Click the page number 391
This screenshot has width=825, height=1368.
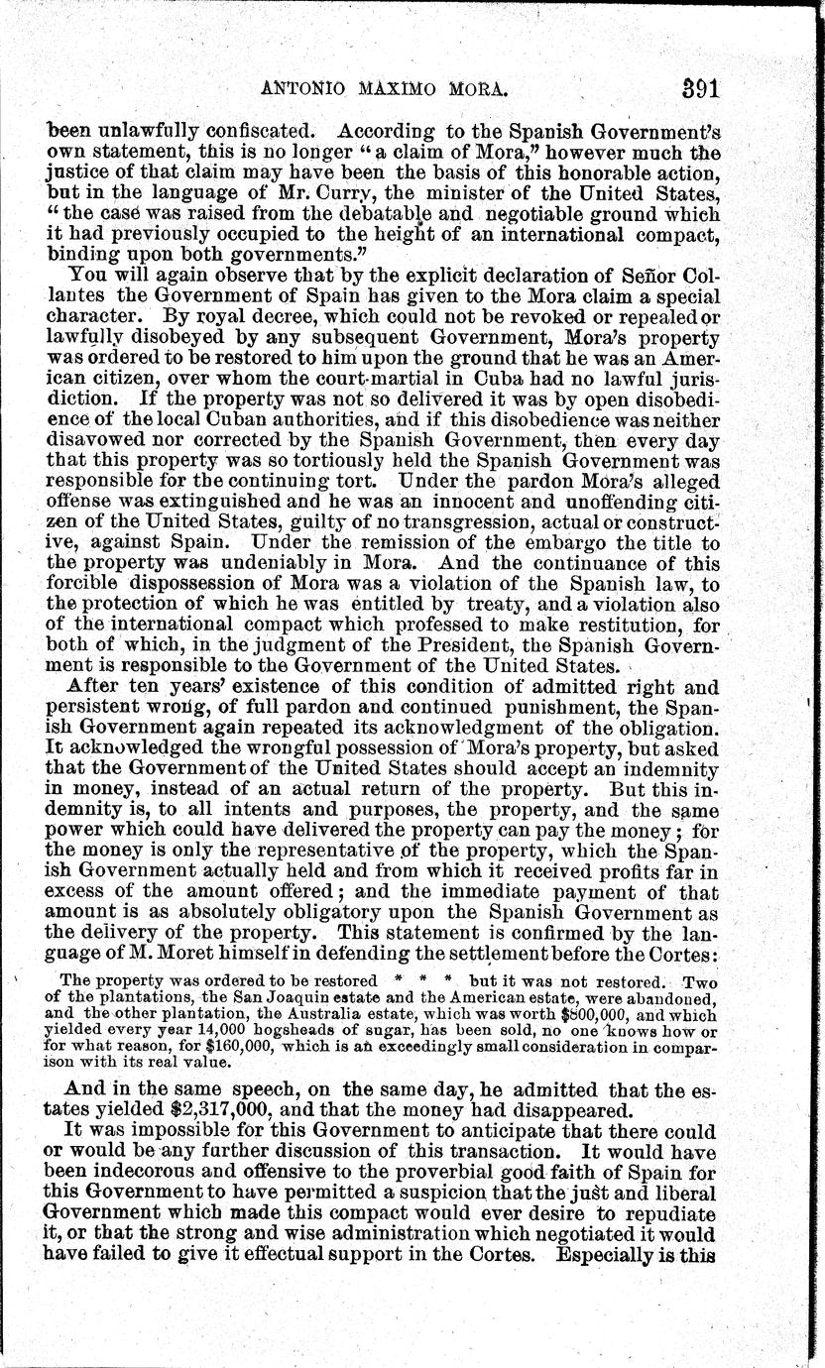700,88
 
